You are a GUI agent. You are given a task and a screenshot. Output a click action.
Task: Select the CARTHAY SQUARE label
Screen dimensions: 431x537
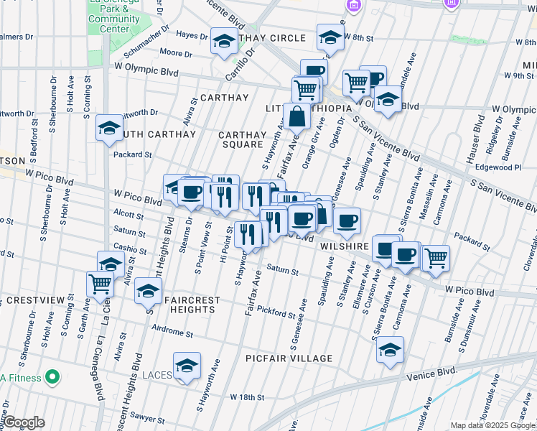pos(241,139)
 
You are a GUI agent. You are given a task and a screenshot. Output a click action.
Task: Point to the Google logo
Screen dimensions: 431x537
pos(24,422)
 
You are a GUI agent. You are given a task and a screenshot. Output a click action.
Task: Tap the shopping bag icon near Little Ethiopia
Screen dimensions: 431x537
pos(296,115)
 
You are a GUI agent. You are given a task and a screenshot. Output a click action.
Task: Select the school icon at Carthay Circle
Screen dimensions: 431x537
pos(224,40)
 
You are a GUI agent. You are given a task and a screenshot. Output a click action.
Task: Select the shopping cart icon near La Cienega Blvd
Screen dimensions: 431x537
pos(100,283)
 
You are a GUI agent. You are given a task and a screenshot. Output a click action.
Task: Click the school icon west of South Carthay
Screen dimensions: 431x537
pos(109,127)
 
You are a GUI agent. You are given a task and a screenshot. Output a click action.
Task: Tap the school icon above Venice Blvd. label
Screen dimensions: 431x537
pos(390,350)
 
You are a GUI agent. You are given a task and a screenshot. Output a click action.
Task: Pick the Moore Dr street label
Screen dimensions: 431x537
pos(172,52)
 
